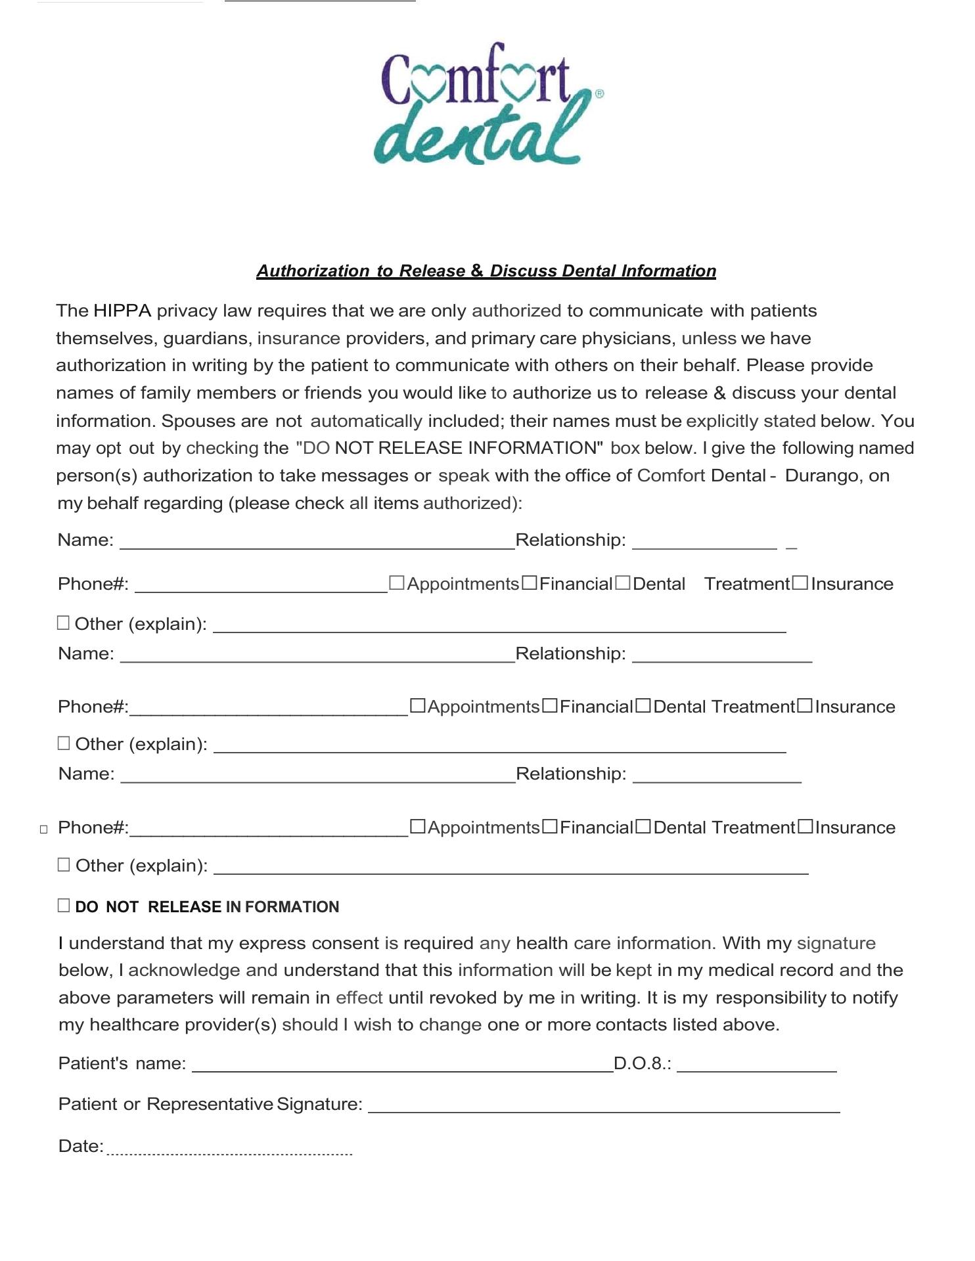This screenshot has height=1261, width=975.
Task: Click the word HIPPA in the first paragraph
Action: pos(122,311)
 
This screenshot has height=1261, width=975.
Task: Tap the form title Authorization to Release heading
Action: pos(486,271)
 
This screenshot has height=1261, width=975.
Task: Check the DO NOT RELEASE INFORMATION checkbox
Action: pos(64,906)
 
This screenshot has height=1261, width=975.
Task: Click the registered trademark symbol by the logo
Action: pos(599,94)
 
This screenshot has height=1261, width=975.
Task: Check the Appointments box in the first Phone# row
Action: pos(396,583)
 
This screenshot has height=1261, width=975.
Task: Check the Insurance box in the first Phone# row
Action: pos(800,583)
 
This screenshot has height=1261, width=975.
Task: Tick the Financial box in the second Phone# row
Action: pos(550,706)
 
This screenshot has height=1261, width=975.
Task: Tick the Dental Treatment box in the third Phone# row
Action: pos(643,827)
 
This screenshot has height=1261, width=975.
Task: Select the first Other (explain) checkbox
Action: pos(63,623)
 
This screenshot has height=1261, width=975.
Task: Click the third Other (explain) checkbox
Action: pos(64,864)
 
